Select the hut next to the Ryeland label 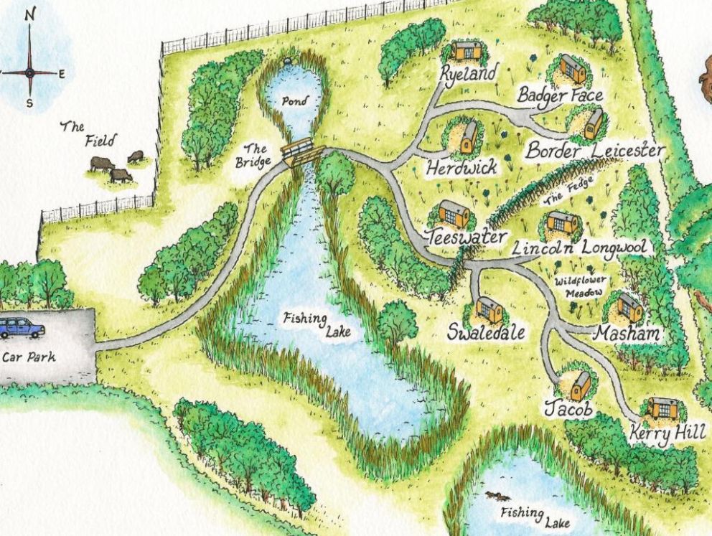pyautogui.click(x=467, y=52)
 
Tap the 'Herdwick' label pyautogui.click(x=461, y=169)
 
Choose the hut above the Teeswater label pyautogui.click(x=454, y=214)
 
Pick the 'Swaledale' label pyautogui.click(x=487, y=333)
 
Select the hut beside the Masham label pyautogui.click(x=630, y=307)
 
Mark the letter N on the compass pyautogui.click(x=29, y=14)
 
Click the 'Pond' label pyautogui.click(x=294, y=102)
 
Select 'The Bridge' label pyautogui.click(x=256, y=156)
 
